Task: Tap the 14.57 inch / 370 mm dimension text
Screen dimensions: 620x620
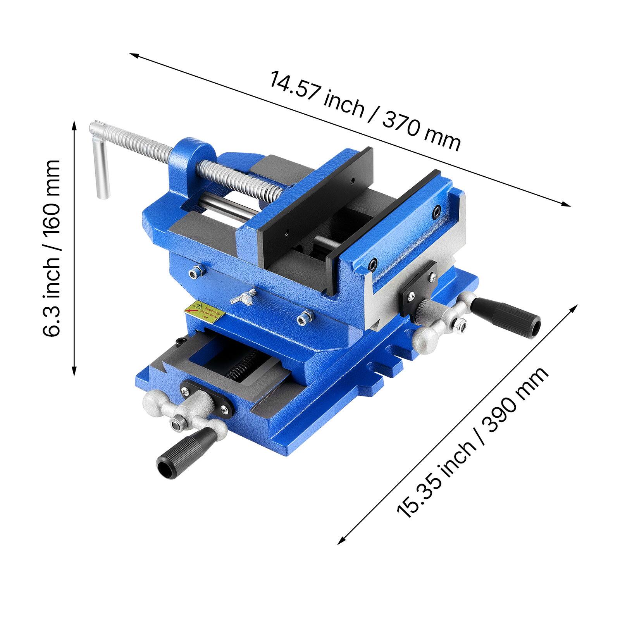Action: point(364,110)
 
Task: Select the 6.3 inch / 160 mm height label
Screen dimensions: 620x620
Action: point(52,248)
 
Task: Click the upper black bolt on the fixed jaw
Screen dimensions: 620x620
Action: point(437,212)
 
